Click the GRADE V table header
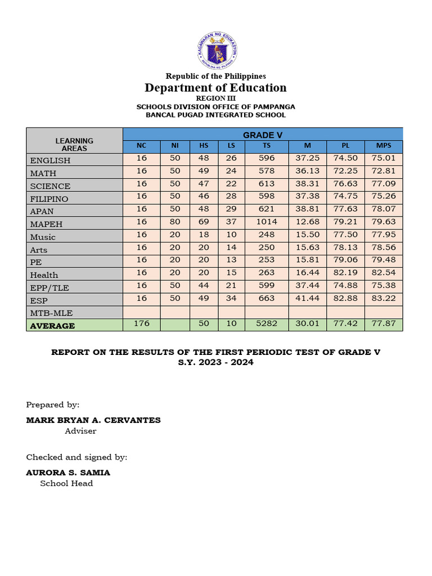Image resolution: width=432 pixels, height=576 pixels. [263, 135]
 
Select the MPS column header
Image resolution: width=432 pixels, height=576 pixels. [383, 146]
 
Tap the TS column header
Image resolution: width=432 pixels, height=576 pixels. [266, 146]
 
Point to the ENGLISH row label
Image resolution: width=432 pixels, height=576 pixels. [51, 160]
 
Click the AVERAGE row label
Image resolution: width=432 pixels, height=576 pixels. [52, 326]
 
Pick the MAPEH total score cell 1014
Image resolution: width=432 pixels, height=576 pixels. [266, 222]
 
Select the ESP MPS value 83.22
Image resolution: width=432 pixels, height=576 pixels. [383, 298]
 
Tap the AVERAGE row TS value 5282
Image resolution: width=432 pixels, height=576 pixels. [266, 323]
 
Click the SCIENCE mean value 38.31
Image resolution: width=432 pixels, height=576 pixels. [307, 183]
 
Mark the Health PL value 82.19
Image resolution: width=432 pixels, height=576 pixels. [345, 273]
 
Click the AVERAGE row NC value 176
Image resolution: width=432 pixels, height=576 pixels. [141, 323]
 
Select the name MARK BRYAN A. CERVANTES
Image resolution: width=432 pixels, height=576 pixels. [93, 420]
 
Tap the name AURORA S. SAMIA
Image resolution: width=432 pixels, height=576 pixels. [68, 472]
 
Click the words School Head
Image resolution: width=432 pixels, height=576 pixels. [66, 483]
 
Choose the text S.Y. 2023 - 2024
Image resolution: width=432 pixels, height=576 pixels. [216, 362]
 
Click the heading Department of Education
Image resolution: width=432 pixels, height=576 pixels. [216, 88]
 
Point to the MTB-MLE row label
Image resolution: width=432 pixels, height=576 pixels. [52, 313]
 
